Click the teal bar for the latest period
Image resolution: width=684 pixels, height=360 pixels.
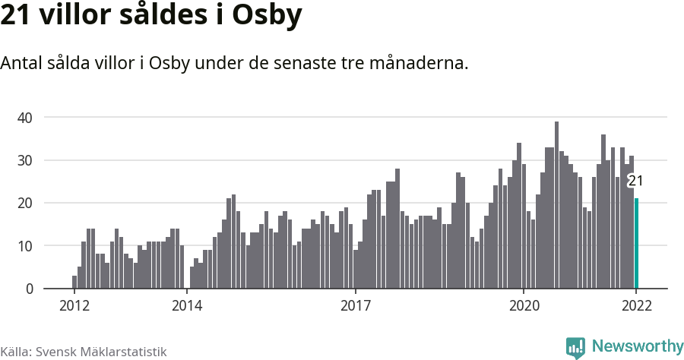637,243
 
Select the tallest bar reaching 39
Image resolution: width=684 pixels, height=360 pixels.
556,205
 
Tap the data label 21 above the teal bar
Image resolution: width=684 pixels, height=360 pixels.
635,181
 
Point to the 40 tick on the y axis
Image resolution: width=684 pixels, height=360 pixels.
25,118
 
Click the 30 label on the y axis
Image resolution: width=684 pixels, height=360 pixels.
25,160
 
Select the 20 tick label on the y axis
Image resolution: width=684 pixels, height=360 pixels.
25,203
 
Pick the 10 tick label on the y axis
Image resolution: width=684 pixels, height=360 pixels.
25,246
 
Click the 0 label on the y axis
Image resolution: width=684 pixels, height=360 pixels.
29,289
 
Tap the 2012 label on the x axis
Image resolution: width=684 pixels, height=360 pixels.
74,306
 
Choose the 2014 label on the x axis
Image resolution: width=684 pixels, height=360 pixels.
186,306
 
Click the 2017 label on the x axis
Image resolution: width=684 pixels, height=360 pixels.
355,306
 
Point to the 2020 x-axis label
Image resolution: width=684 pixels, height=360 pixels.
524,306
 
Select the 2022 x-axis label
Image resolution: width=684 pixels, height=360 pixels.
636,306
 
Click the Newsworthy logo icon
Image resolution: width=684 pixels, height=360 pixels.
575,348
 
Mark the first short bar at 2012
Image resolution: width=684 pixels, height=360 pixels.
74,282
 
